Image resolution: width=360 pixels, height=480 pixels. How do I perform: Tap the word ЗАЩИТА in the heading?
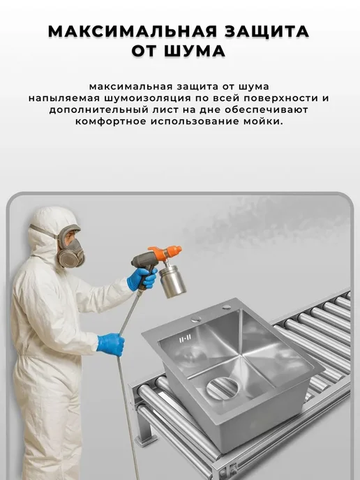tap(267, 31)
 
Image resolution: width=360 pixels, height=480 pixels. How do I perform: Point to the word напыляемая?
tap(64, 98)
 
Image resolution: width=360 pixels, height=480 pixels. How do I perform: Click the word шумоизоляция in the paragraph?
tap(148, 98)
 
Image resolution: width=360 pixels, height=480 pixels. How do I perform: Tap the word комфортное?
tap(110, 121)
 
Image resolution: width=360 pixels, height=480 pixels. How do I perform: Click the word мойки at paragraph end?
tap(262, 121)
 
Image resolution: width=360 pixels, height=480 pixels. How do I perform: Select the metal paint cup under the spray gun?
tap(172, 280)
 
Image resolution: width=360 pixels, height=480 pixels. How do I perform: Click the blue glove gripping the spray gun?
tap(142, 279)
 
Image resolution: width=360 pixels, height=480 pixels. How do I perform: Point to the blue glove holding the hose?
tap(111, 344)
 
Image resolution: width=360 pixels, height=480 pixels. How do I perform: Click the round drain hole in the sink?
tap(222, 388)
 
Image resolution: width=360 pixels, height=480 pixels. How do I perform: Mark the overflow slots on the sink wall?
tap(185, 339)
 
